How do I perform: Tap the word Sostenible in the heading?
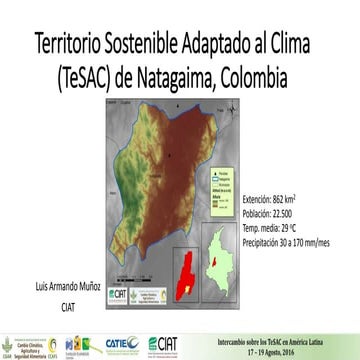(x=150, y=45)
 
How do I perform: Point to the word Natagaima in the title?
(x=195, y=77)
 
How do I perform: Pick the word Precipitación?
(x=265, y=242)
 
